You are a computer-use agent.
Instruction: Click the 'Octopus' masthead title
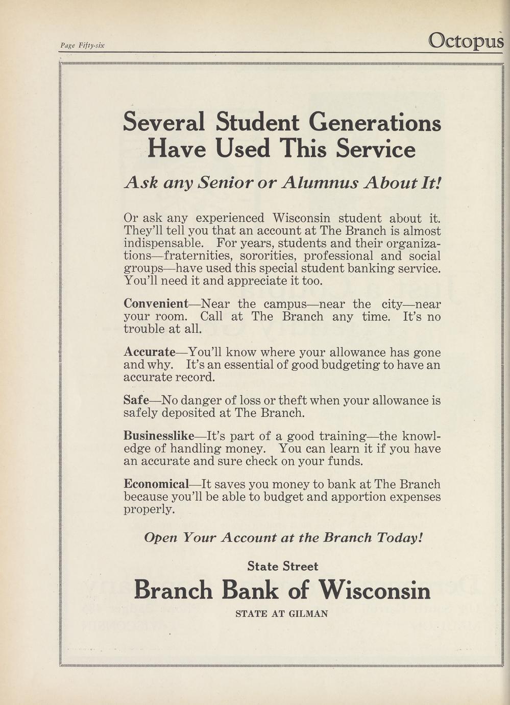tap(466, 40)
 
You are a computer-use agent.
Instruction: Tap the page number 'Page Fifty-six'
tap(82, 45)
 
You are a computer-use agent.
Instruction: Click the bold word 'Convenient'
tap(156, 304)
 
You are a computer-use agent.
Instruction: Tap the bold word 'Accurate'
tap(149, 353)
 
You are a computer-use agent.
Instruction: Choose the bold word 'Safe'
tap(136, 400)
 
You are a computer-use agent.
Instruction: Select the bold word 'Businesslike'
tap(159, 436)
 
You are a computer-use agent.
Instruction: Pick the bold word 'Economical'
tap(156, 484)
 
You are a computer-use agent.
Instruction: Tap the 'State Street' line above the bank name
tap(282, 566)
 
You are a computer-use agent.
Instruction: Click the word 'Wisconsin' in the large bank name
tap(374, 591)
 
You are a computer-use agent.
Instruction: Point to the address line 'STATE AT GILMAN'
tap(282, 614)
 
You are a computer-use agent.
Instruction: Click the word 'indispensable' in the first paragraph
tap(163, 243)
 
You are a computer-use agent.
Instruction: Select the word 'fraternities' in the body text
tap(200, 255)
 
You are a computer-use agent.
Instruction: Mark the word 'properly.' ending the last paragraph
tap(149, 509)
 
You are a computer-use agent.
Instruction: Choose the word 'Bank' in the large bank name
tap(250, 591)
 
